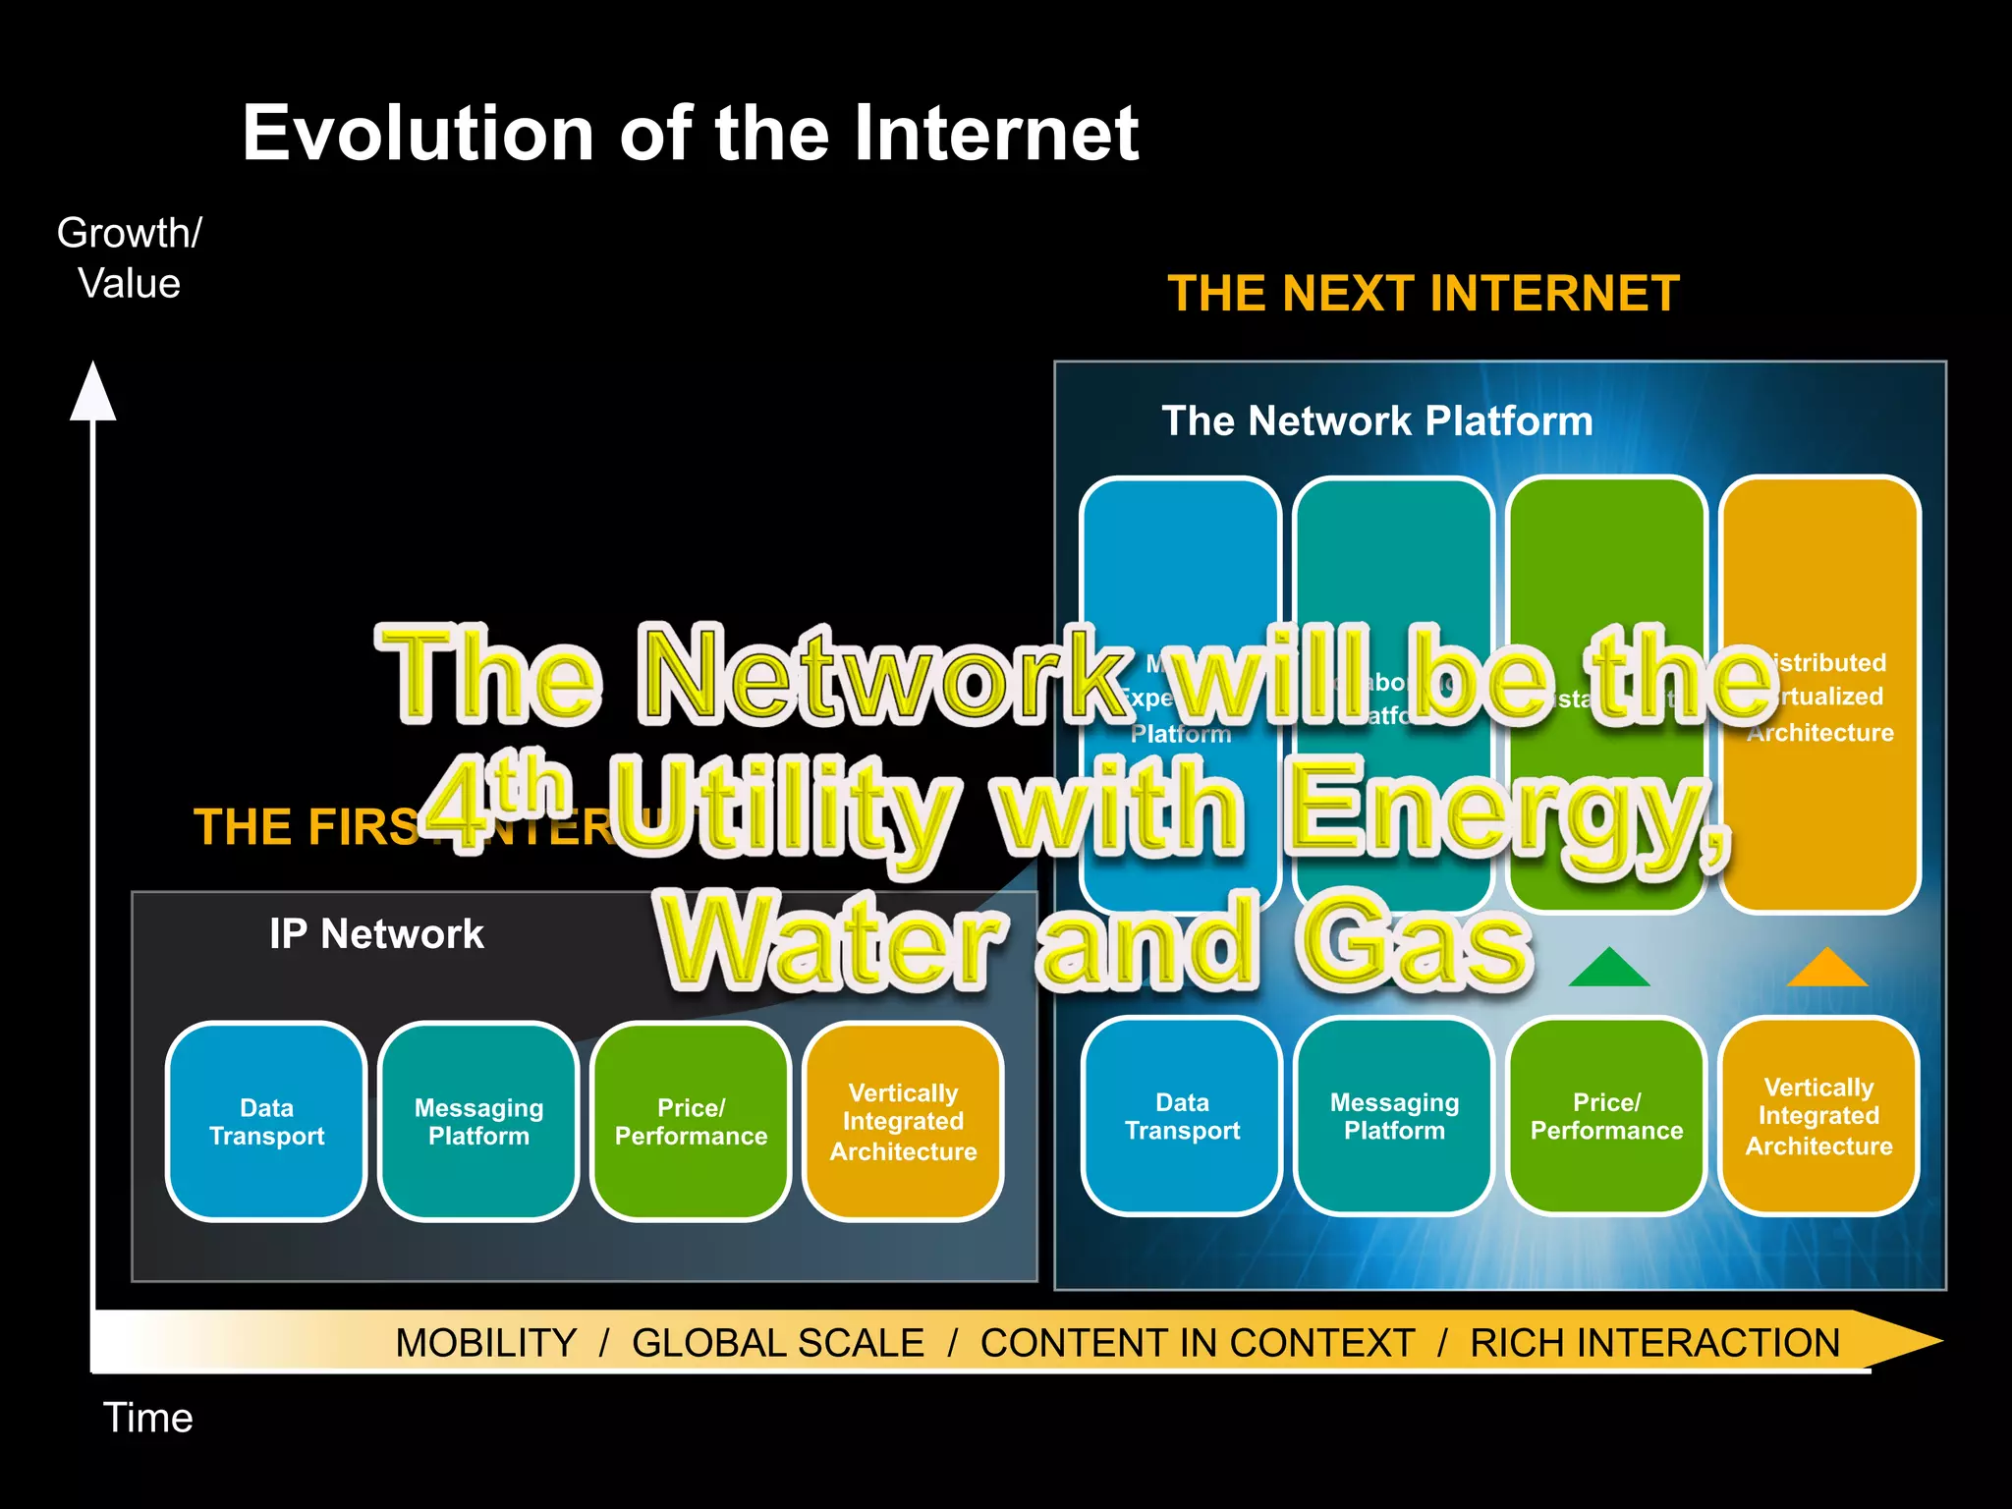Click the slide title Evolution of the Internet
point(690,134)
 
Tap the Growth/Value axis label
point(129,258)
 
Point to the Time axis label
point(147,1418)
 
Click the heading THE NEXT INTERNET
point(1423,294)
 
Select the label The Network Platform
point(1376,421)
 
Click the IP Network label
point(376,934)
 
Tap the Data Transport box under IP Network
point(266,1122)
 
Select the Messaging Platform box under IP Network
point(478,1122)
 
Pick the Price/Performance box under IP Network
point(691,1122)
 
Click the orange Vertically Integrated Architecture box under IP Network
point(903,1122)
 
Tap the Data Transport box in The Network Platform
point(1182,1117)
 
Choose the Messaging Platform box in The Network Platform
point(1394,1117)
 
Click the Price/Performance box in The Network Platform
point(1606,1117)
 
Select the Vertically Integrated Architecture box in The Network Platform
point(1818,1117)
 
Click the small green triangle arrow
point(1608,969)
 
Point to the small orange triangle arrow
point(1826,969)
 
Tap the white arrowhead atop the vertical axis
point(93,393)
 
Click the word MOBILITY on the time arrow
point(485,1343)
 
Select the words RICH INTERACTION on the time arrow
point(1654,1343)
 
